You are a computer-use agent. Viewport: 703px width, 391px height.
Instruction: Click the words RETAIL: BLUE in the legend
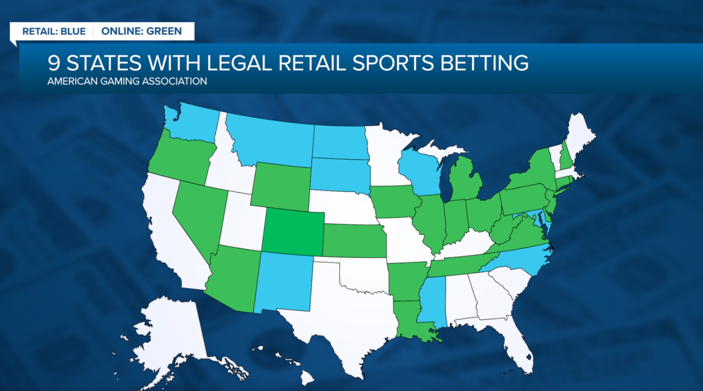54,31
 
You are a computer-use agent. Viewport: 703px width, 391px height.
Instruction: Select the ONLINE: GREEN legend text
141,31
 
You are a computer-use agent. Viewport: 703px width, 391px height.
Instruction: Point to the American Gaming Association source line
127,81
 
